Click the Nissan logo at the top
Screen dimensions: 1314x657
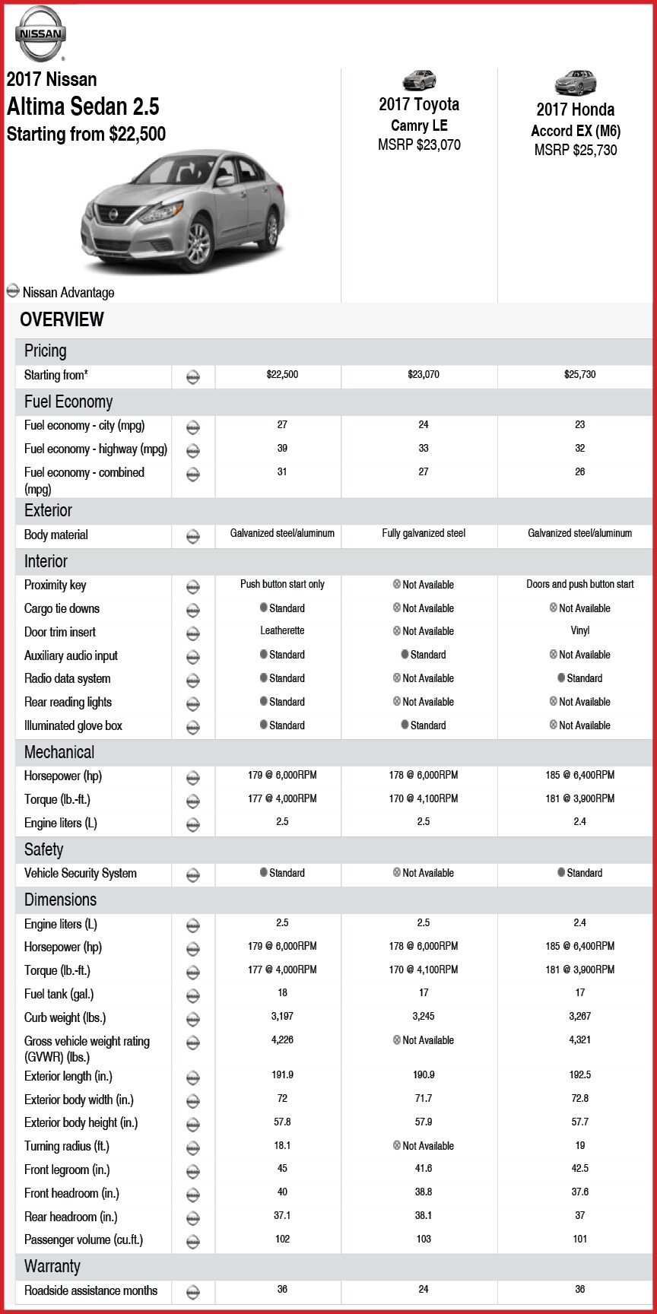click(x=40, y=33)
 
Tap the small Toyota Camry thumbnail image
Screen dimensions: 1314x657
click(x=419, y=80)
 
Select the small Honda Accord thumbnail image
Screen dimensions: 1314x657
click(x=576, y=82)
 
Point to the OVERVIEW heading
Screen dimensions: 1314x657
click(x=62, y=319)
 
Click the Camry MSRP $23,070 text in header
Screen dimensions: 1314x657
click(x=419, y=144)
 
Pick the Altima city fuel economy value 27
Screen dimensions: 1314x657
click(x=282, y=425)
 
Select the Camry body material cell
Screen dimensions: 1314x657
click(x=424, y=534)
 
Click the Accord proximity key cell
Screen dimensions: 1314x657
click(x=579, y=585)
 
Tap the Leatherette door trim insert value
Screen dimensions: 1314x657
click(x=282, y=631)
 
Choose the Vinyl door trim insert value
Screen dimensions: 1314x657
click(x=579, y=631)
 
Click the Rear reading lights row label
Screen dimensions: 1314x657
click(x=68, y=702)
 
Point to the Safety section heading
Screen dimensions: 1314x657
click(x=43, y=849)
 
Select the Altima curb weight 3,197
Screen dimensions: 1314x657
click(x=282, y=1017)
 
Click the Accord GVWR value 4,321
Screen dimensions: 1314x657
click(x=579, y=1040)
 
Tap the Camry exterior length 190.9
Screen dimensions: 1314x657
click(x=424, y=1075)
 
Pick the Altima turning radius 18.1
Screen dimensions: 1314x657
click(x=282, y=1145)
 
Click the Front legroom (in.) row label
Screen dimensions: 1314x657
click(x=67, y=1170)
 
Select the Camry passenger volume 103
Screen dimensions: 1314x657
click(x=424, y=1239)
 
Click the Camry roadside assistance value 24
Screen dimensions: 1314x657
click(x=424, y=1290)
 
